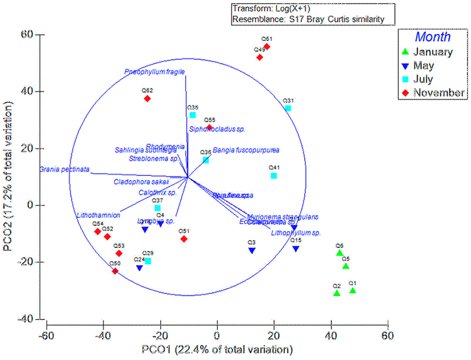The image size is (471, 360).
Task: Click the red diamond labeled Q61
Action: pos(267,47)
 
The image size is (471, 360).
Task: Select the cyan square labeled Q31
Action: pos(288,108)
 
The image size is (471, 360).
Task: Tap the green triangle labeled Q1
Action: pos(352,290)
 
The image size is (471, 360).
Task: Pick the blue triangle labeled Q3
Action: pos(252,251)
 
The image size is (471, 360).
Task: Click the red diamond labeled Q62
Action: pos(147,99)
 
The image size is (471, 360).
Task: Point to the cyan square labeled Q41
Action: pos(274,176)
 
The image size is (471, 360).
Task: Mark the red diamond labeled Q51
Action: pos(184,239)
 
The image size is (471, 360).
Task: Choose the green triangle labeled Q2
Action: pos(336,293)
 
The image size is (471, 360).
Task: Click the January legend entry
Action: pos(432,52)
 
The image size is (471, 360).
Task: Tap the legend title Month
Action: pos(433,37)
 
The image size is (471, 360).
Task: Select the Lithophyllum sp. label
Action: pos(296,233)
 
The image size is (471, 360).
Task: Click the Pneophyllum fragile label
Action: pos(155,72)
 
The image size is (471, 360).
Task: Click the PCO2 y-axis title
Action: pos(8,176)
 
